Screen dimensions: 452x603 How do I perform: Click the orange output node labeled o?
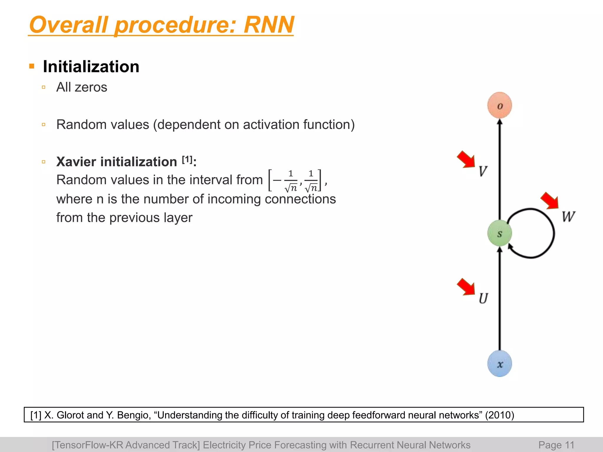tap(500, 105)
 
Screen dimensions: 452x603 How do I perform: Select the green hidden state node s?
tap(500, 233)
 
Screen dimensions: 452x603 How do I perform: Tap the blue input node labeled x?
tap(500, 364)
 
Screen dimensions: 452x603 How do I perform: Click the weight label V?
tap(483, 171)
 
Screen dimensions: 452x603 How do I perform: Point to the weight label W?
tap(568, 217)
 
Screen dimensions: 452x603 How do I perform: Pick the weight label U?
tap(483, 298)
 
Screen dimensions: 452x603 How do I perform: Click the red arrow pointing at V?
tap(466, 159)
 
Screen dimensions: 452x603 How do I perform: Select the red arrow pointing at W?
tap(550, 201)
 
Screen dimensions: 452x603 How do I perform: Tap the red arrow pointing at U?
tap(466, 287)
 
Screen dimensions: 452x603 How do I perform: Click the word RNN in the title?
tap(269, 25)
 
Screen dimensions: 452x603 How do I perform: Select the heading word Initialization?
tap(91, 67)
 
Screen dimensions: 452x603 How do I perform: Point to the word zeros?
tap(91, 87)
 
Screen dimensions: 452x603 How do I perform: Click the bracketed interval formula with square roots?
tap(294, 180)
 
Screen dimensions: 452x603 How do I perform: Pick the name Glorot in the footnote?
tap(70, 415)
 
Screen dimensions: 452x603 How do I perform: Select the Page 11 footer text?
tap(556, 445)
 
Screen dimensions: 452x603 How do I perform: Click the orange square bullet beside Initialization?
tap(32, 66)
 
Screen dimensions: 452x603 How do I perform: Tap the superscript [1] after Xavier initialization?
tap(187, 160)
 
